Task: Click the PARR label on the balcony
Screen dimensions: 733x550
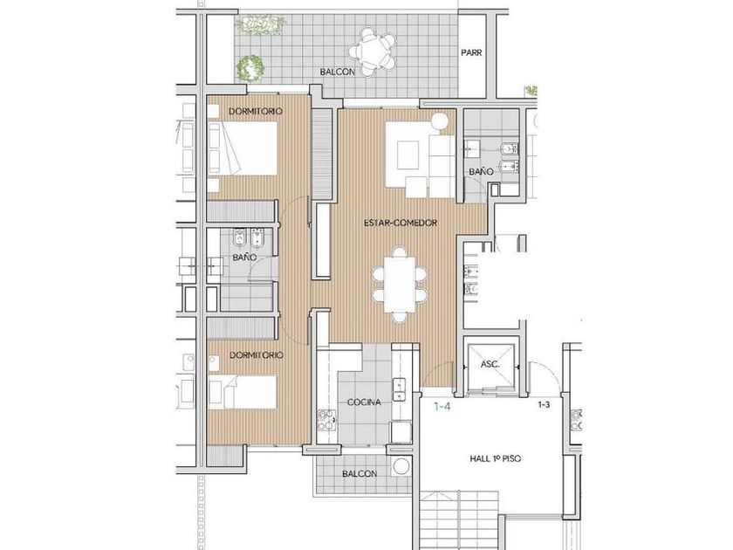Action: (471, 53)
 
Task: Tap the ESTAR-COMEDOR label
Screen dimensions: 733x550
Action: (401, 223)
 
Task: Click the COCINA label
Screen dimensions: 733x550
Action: (364, 402)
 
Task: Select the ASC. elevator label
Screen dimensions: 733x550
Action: (490, 364)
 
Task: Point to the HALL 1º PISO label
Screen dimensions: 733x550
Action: (495, 459)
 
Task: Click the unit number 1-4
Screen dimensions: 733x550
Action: (442, 407)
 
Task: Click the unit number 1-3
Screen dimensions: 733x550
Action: (544, 405)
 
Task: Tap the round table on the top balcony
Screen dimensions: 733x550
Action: (373, 51)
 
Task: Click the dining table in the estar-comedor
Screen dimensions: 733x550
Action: (400, 285)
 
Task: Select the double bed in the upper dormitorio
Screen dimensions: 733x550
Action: (243, 148)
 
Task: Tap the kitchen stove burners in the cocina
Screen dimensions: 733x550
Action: (326, 420)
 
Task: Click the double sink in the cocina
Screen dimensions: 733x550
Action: (399, 389)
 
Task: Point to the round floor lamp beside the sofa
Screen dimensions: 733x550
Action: (440, 121)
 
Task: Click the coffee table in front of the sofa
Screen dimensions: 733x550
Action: (408, 155)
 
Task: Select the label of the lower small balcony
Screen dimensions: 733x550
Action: (360, 474)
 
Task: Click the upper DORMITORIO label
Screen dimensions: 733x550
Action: (256, 112)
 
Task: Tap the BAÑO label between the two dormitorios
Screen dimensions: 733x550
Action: (244, 258)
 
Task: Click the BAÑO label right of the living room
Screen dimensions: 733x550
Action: (481, 172)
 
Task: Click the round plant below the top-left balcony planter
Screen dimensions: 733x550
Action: (250, 67)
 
